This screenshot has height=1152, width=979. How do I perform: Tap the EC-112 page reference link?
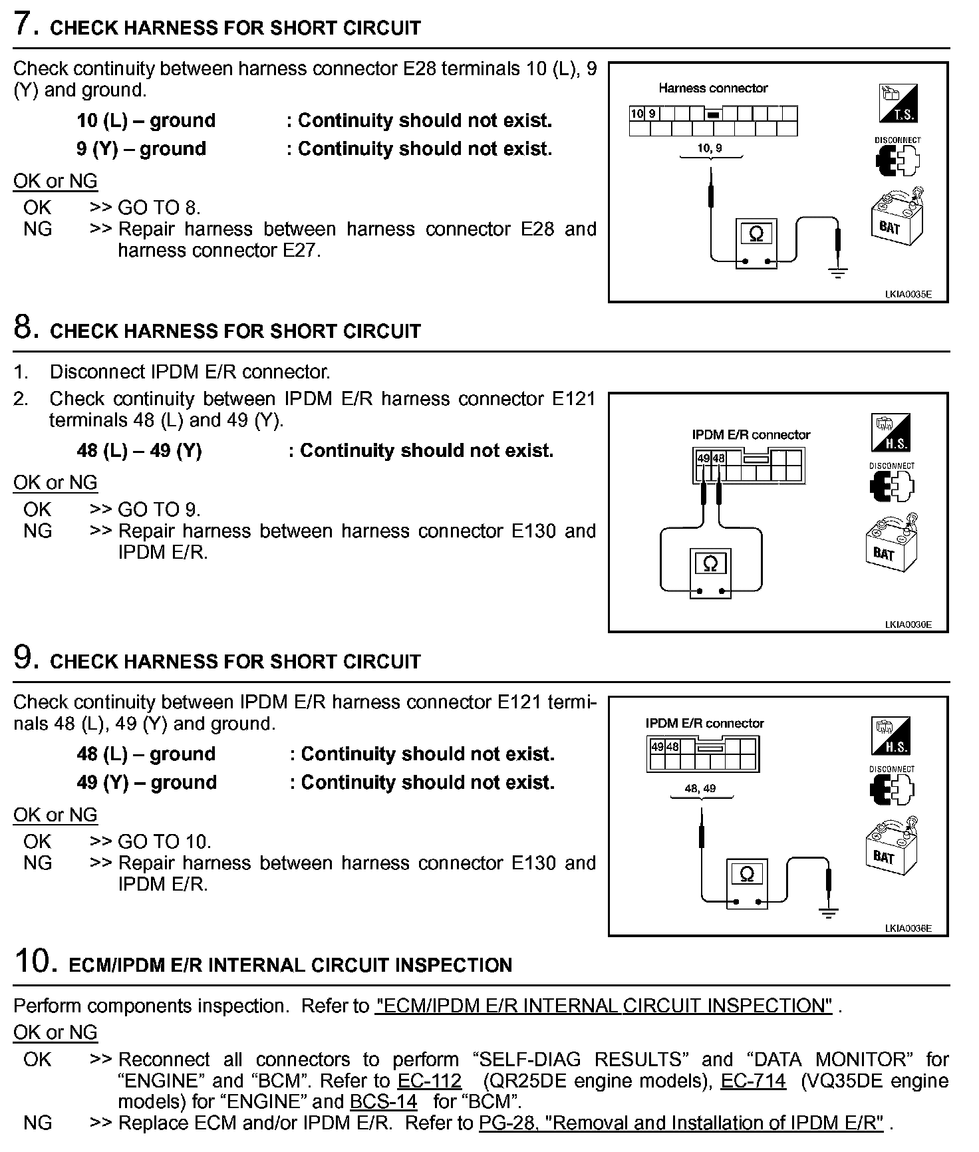click(x=429, y=1080)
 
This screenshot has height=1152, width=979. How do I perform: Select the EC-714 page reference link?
click(x=753, y=1080)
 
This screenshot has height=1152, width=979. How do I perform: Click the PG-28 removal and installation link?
click(x=681, y=1123)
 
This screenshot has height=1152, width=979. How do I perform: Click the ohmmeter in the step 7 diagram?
click(x=756, y=243)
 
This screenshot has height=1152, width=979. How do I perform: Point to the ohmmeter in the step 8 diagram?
click(x=710, y=573)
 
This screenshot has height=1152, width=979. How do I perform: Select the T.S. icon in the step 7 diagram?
click(x=898, y=104)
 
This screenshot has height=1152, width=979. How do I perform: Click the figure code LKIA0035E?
click(x=908, y=294)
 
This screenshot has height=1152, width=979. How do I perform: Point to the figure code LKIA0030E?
click(x=908, y=625)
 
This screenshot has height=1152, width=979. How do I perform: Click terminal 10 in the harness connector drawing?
click(x=636, y=114)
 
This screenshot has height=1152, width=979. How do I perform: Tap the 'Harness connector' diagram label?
click(x=713, y=88)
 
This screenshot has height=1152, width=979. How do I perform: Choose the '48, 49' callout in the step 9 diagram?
click(x=700, y=789)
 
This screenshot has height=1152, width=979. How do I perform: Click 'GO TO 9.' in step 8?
click(x=159, y=509)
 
